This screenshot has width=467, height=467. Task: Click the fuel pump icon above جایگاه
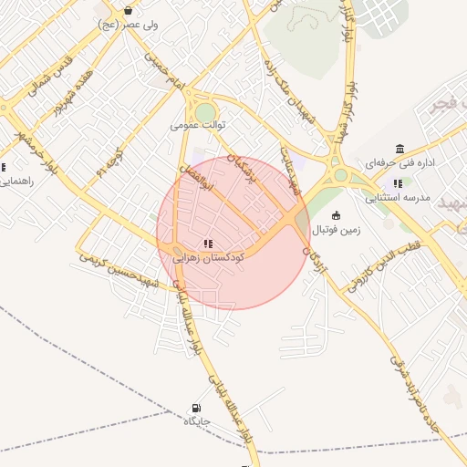pyautogui.click(x=196, y=408)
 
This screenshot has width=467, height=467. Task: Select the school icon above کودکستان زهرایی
pyautogui.click(x=209, y=244)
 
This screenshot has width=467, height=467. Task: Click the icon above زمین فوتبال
pyautogui.click(x=337, y=216)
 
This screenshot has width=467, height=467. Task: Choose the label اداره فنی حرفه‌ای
pyautogui.click(x=400, y=164)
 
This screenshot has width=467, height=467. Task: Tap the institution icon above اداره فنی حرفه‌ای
pyautogui.click(x=400, y=150)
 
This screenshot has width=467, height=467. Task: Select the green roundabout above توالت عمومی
pyautogui.click(x=205, y=111)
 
